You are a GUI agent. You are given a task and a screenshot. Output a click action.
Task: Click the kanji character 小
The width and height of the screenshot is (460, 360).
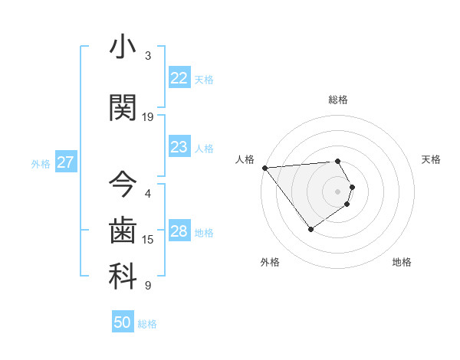point(123,47)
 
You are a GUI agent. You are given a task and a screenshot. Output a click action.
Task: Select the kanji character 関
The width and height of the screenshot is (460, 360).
point(123,108)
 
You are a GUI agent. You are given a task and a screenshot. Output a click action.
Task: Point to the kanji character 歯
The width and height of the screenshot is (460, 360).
point(123,231)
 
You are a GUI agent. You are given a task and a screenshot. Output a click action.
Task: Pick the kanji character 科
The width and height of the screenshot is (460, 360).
point(123,277)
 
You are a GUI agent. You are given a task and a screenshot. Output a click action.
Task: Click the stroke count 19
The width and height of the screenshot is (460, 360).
point(148,117)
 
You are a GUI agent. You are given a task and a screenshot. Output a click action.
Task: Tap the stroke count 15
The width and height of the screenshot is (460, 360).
point(148,240)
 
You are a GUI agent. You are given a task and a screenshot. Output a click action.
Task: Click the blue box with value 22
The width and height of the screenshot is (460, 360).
point(179,78)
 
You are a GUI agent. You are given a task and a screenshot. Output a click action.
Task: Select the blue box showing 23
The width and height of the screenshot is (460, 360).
point(179,147)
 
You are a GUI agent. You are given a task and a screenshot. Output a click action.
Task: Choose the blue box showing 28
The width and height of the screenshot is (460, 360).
point(179,231)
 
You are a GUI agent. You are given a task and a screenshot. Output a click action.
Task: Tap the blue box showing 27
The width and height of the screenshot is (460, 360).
point(65,162)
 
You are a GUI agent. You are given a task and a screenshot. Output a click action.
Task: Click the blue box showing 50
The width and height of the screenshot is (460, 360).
point(123,322)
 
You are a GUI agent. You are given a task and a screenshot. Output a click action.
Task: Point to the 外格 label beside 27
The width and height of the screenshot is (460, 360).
point(41,163)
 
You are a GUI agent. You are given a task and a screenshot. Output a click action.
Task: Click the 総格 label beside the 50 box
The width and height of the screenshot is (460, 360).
point(147,324)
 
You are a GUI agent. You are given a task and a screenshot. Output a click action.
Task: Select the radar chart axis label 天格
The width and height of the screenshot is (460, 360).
point(431,159)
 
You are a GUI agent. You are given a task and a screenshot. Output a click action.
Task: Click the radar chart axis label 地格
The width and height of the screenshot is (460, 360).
point(402,262)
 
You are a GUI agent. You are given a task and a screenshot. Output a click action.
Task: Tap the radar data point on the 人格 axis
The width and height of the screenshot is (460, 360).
point(264,167)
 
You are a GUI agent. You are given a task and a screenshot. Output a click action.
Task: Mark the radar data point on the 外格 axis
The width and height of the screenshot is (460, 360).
point(310,229)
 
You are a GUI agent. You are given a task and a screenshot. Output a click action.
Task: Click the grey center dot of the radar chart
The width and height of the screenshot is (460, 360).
point(337,191)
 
